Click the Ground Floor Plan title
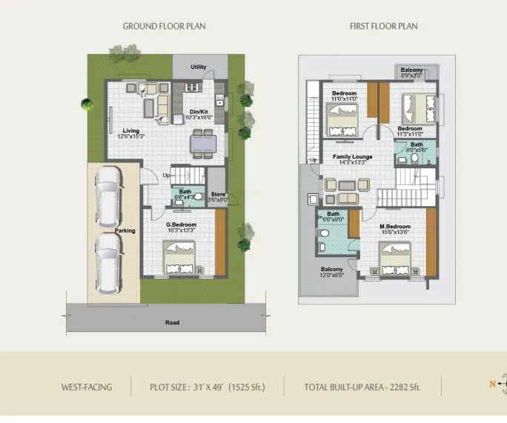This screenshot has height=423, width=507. [164, 26]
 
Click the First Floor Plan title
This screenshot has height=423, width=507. [383, 26]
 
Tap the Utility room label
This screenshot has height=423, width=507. [198, 67]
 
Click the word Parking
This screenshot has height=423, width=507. [125, 230]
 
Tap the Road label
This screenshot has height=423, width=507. [172, 322]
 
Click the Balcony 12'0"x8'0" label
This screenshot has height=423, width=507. [332, 271]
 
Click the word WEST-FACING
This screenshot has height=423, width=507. [87, 387]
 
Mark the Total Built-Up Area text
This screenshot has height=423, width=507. [362, 387]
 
